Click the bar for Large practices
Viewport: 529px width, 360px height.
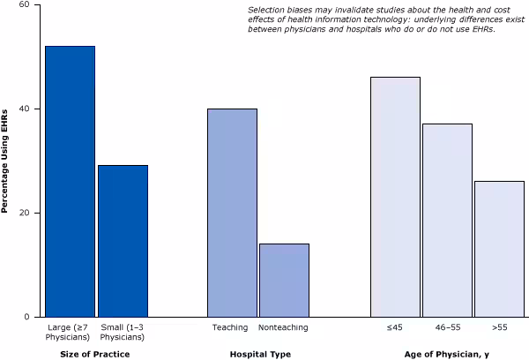click(x=71, y=181)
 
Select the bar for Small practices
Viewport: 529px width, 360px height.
click(x=123, y=241)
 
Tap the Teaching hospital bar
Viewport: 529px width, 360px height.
click(x=232, y=213)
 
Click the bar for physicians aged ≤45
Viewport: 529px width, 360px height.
click(x=395, y=197)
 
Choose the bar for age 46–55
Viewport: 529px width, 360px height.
click(x=447, y=220)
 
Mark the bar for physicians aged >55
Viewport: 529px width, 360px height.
click(x=499, y=249)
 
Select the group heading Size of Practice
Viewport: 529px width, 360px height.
click(x=96, y=354)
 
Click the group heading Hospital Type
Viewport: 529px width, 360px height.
click(x=259, y=354)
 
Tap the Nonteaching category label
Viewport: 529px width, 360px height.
click(x=284, y=327)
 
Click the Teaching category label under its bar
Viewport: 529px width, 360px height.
click(x=231, y=327)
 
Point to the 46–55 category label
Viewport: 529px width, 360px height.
click(x=447, y=327)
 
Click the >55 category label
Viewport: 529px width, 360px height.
click(x=499, y=327)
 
